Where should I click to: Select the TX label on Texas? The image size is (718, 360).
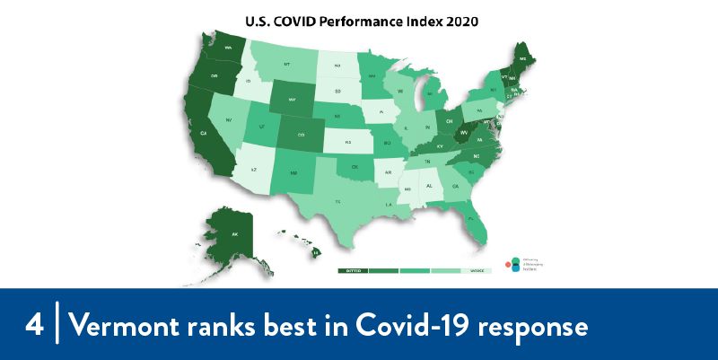pos(337,202)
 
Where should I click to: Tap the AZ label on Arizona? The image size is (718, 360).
pos(253,169)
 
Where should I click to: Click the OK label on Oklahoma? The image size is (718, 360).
pos(355,166)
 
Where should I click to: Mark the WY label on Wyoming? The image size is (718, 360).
pos(293,99)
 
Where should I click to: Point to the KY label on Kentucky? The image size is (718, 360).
pos(439,145)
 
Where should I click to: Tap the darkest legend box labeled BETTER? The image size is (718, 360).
pos(353,270)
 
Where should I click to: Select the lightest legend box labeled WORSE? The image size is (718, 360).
pos(476,270)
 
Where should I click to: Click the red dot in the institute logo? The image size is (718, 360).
pos(508,264)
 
